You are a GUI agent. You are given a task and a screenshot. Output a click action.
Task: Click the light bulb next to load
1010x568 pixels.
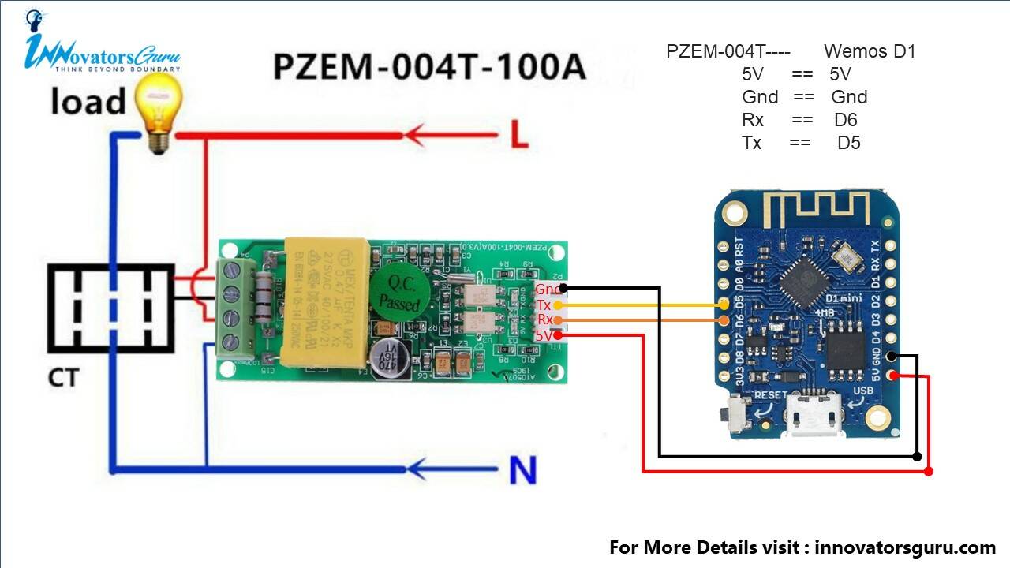[159, 115]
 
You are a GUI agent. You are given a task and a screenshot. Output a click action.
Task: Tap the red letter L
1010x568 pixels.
[518, 136]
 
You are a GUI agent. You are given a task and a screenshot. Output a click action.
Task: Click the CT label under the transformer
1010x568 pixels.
[63, 378]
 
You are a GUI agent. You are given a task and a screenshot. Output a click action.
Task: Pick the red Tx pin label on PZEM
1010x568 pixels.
[544, 305]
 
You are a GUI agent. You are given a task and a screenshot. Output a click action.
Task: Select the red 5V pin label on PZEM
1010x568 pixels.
[544, 335]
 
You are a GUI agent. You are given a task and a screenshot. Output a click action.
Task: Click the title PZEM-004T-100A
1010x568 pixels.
[429, 67]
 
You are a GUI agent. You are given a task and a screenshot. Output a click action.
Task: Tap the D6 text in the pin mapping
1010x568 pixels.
[845, 120]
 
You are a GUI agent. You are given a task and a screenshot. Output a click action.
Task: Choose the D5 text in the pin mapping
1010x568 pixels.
[848, 143]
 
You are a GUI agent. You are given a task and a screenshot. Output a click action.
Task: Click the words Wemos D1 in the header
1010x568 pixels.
[870, 52]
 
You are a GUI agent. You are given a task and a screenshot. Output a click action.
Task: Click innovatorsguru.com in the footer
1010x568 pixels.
[905, 547]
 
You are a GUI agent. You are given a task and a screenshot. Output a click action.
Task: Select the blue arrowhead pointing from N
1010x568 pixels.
[424, 471]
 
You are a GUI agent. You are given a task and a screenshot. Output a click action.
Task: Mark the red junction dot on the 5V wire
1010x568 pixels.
[929, 471]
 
